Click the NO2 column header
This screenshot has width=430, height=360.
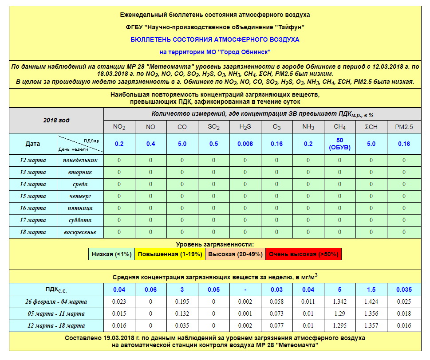click(119, 127)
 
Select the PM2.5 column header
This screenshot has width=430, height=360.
click(404, 127)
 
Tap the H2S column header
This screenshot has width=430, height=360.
click(245, 127)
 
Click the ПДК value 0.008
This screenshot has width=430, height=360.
click(245, 144)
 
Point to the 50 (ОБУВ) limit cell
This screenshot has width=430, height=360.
click(340, 144)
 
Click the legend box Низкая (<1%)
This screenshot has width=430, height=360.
click(111, 254)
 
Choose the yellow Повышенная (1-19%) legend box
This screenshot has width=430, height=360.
click(170, 254)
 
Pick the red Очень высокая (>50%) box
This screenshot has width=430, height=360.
click(304, 254)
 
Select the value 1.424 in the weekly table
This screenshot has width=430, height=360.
click(371, 302)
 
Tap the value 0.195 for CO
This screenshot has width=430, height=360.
click(182, 302)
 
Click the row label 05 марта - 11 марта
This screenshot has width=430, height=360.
click(55, 314)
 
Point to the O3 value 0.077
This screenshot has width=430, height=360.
click(276, 326)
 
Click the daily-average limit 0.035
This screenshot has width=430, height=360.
click(404, 290)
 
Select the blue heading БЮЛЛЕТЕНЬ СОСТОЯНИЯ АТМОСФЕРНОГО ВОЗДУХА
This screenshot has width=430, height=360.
click(215, 39)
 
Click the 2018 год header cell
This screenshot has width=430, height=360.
click(56, 120)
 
